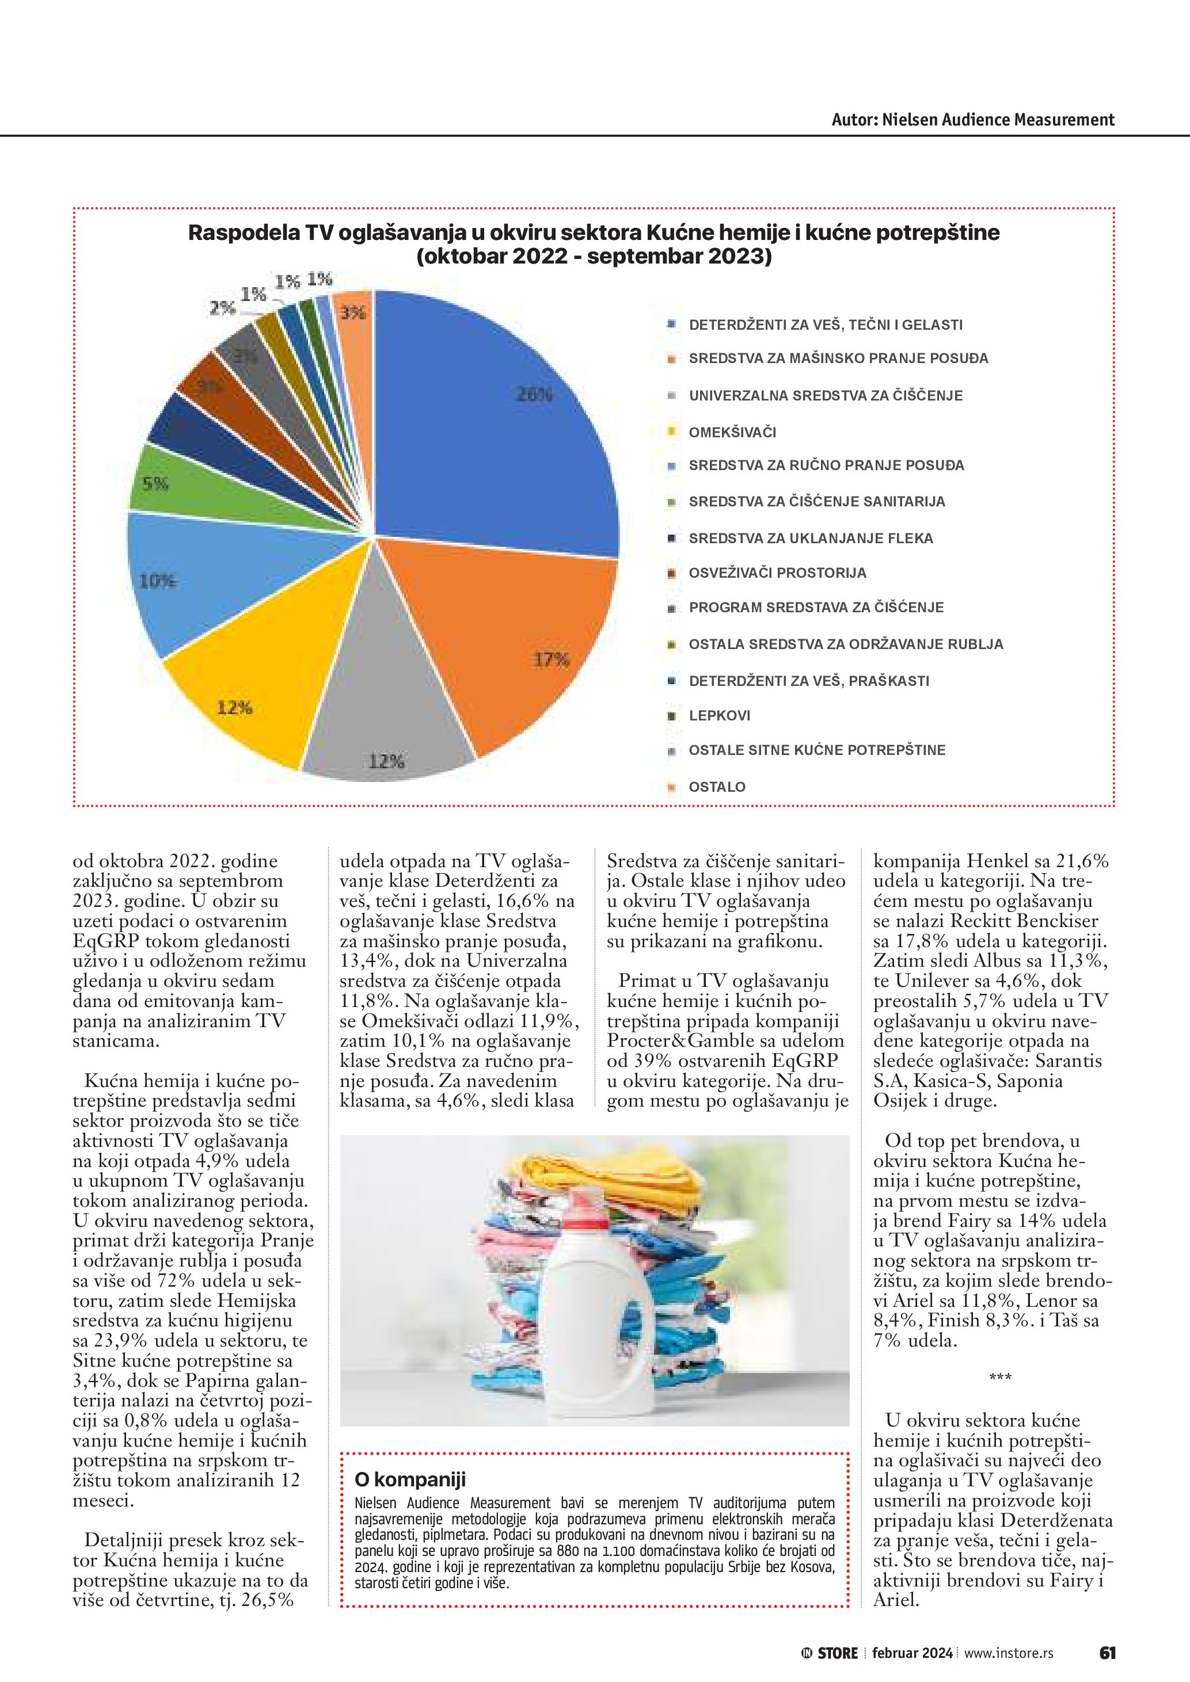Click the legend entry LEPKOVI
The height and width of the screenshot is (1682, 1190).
tap(719, 716)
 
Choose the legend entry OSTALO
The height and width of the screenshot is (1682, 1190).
tap(717, 787)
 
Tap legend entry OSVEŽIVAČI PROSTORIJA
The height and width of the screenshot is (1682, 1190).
tap(777, 573)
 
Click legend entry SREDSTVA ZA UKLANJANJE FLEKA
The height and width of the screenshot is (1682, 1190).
tap(811, 539)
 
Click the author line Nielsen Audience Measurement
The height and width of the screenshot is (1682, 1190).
tap(972, 120)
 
